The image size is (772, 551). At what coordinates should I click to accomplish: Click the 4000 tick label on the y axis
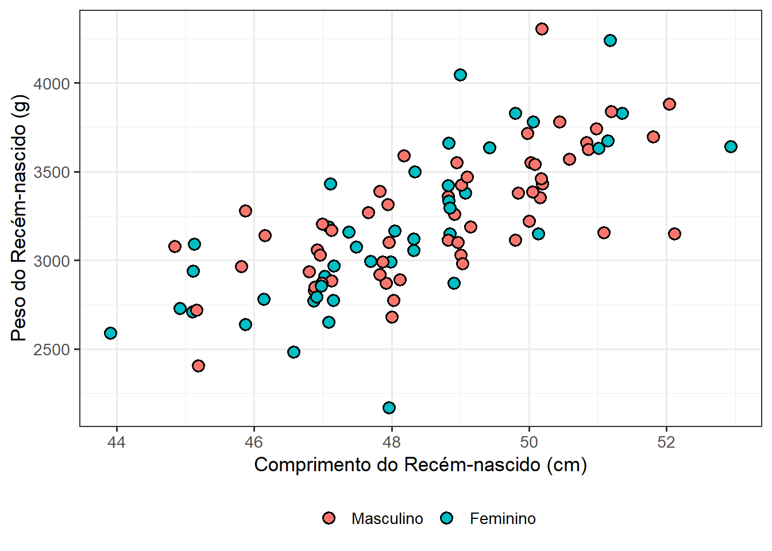coord(52,84)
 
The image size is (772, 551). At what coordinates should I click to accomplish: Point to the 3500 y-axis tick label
coord(52,172)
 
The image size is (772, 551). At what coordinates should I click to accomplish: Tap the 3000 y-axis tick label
coord(52,261)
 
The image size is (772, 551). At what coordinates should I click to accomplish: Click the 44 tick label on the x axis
coord(117,442)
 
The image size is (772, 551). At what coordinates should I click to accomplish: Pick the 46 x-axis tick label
coord(254,442)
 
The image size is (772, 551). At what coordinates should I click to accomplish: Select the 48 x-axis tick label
coord(392,442)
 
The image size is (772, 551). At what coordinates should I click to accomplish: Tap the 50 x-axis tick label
coord(529,442)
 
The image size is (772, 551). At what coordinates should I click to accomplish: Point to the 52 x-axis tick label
coord(666,442)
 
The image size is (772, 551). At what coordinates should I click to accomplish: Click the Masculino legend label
coord(387,519)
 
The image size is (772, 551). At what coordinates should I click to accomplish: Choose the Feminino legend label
coord(503,519)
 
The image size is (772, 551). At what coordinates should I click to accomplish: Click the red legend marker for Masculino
coord(329,518)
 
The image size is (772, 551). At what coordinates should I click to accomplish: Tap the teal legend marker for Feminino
coord(447,518)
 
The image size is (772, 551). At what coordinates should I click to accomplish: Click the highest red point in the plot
coord(542,29)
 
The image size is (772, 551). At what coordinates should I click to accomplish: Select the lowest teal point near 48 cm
coord(389,408)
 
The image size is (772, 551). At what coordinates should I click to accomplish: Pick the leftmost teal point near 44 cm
coord(110,333)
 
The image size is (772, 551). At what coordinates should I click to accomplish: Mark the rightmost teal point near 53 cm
coord(731,147)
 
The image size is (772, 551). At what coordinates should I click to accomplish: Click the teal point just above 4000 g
coord(461,75)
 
